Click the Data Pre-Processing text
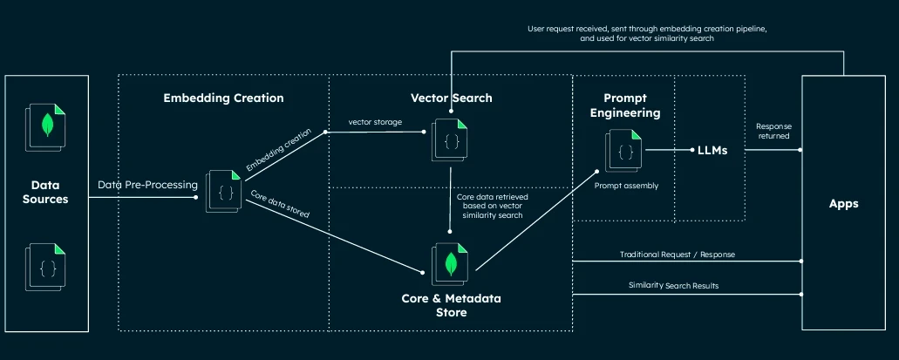tap(148, 185)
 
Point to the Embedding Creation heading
tap(223, 98)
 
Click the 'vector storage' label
tap(375, 122)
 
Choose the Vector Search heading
tap(451, 98)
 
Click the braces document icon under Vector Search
tap(451, 139)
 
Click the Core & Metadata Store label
tap(451, 305)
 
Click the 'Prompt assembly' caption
tap(624, 186)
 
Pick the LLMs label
tap(712, 151)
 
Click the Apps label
tap(844, 204)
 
